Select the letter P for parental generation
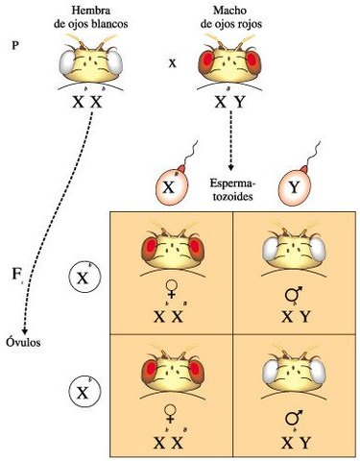point(13,44)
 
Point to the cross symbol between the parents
point(173,64)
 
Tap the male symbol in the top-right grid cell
point(292,295)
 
